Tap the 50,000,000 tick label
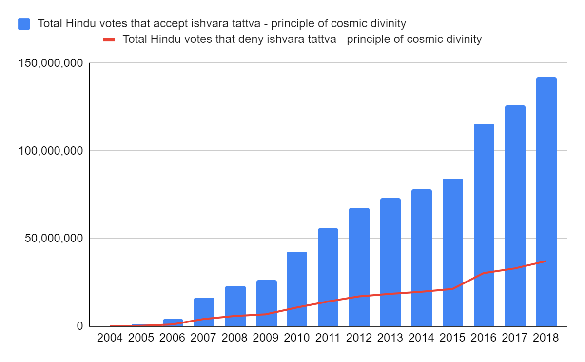pyautogui.click(x=51, y=239)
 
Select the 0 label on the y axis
pyautogui.click(x=79, y=326)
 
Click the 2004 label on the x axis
pyautogui.click(x=110, y=338)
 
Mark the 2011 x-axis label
pyautogui.click(x=328, y=338)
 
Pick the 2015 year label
pyautogui.click(x=452, y=338)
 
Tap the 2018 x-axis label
pyautogui.click(x=546, y=338)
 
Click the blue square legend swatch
pyautogui.click(x=24, y=23)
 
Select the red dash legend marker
pyautogui.click(x=109, y=40)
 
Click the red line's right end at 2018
pyautogui.click(x=546, y=261)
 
